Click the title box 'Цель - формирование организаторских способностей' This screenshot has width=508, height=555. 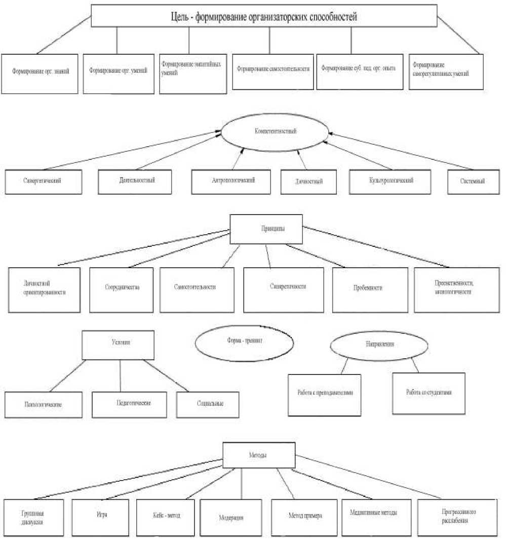(264, 17)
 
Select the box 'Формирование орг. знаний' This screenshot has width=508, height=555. (40, 73)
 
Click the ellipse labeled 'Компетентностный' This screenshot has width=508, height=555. (275, 132)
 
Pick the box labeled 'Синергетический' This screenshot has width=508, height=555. (44, 181)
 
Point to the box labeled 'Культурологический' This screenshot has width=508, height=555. (390, 181)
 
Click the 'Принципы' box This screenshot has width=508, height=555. (266, 229)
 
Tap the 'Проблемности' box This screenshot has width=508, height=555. (369, 289)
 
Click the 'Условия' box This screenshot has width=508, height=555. (118, 345)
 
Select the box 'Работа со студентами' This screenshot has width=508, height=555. (428, 393)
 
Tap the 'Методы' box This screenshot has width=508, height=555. (259, 455)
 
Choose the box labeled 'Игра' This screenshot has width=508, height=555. (100, 517)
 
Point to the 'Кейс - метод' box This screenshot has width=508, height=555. (165, 517)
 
